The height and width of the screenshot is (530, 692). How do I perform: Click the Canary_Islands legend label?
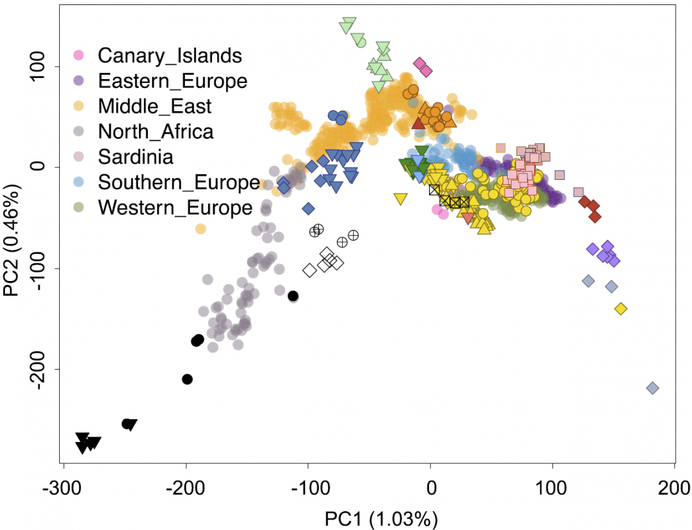point(169,55)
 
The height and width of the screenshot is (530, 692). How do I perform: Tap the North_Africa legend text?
point(155,131)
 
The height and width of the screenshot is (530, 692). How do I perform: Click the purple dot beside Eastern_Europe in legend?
point(79,80)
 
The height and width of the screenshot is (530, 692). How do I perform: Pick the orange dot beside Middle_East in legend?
point(79,106)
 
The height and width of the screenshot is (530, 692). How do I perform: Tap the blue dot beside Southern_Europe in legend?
point(79,182)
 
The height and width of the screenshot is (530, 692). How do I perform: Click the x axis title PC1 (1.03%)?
point(381,519)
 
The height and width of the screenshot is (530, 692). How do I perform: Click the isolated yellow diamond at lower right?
point(621,309)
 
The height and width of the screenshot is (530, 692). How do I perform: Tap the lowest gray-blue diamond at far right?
point(652,388)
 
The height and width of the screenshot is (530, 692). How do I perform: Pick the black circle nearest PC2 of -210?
point(187,379)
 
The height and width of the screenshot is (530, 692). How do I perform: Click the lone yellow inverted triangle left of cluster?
point(400,199)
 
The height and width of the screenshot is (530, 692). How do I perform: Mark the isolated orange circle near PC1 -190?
point(200,229)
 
